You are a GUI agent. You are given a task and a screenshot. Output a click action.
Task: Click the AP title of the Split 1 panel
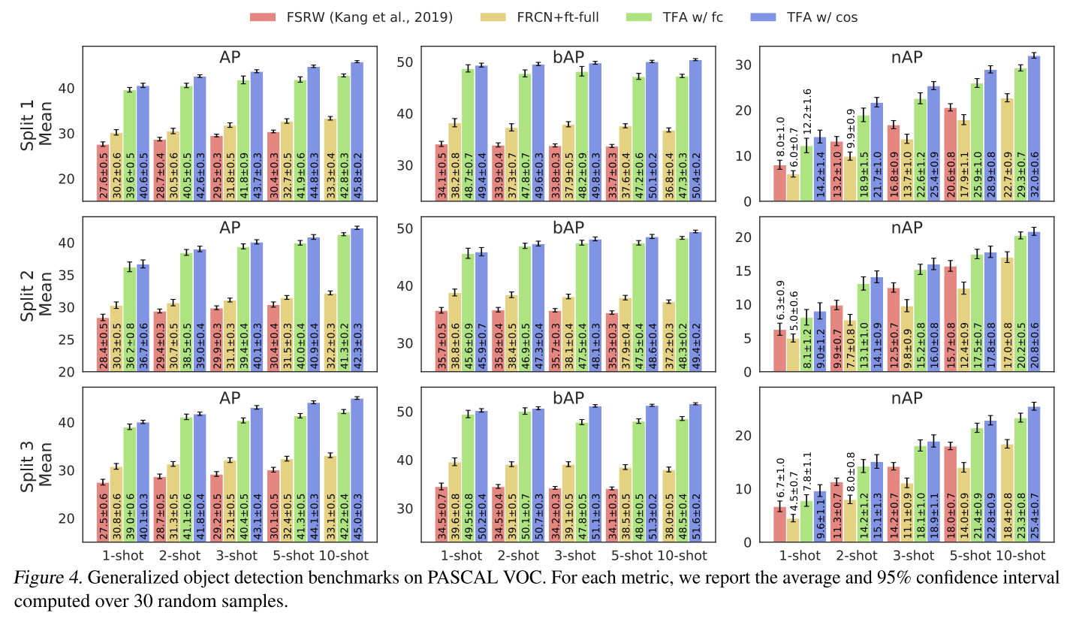tap(230, 58)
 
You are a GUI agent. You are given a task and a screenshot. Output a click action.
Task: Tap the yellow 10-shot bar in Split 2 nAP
tap(1007, 315)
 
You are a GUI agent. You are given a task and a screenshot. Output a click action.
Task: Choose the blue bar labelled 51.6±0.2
tap(695, 473)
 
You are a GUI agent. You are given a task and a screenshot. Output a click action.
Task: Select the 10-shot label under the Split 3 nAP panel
tap(1021, 556)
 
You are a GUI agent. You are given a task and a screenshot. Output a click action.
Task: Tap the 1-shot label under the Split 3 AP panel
tap(116, 556)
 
